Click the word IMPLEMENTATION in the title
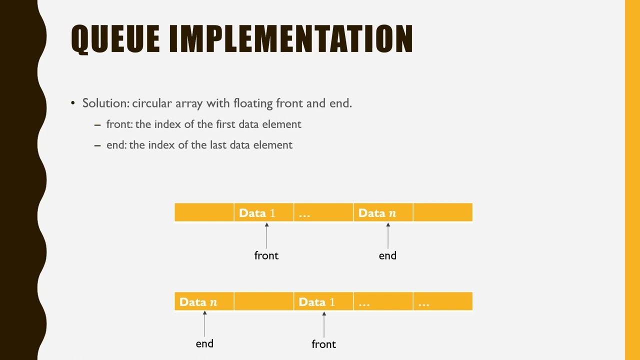(x=291, y=38)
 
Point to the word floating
(x=253, y=103)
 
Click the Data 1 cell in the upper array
(x=263, y=213)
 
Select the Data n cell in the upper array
(x=382, y=213)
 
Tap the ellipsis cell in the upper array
(x=323, y=213)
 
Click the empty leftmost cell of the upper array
(x=204, y=213)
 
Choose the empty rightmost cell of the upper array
(x=442, y=213)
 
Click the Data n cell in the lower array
(x=204, y=302)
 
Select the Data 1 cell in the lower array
(x=323, y=302)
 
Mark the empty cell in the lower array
(x=263, y=302)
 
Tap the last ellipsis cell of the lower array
(x=442, y=302)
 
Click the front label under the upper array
(x=266, y=255)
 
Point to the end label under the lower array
(x=204, y=344)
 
